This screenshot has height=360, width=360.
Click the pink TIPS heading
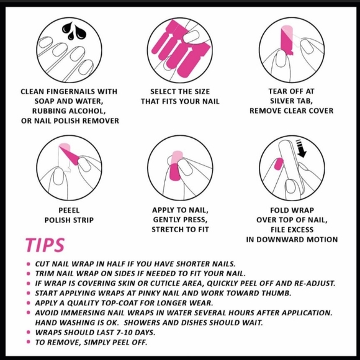(x=45, y=245)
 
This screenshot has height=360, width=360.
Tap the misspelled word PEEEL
(x=69, y=210)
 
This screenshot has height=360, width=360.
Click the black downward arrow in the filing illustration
(x=302, y=148)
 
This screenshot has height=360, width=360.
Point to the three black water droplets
(x=74, y=31)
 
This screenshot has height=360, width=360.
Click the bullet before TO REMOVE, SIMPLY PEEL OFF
(x=29, y=342)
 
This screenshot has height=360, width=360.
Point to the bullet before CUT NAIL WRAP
(x=29, y=264)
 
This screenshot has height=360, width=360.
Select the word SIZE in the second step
(x=201, y=91)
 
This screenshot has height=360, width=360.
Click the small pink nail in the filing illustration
(x=279, y=164)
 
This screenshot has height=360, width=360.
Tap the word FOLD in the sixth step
(x=279, y=210)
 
